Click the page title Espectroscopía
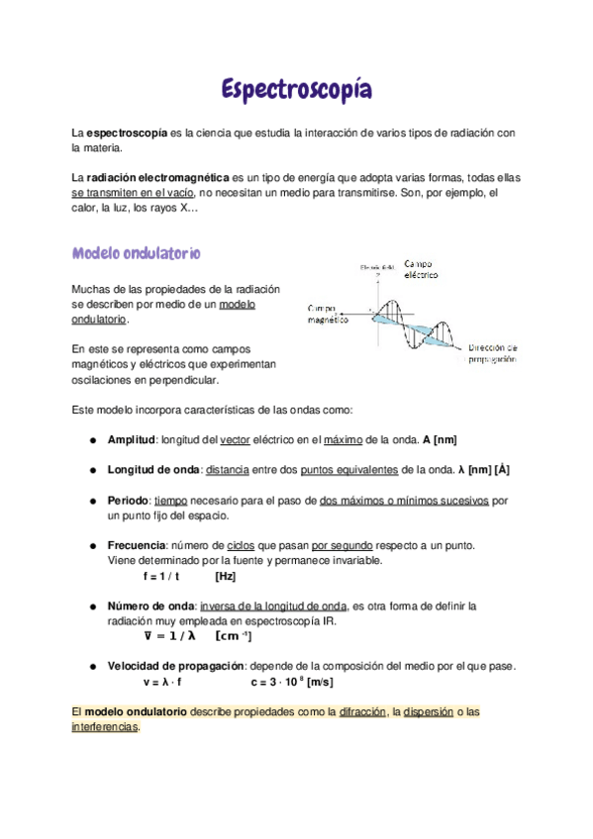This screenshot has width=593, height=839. tap(296, 91)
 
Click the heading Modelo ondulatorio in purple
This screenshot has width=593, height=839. tap(136, 253)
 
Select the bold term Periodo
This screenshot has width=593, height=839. tap(128, 501)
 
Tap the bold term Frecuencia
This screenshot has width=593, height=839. tap(137, 545)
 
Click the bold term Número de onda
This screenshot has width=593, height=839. tap(149, 605)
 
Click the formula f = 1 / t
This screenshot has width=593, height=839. tap(161, 576)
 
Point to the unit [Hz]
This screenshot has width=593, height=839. tap(225, 576)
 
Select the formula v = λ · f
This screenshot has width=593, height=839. tap(163, 682)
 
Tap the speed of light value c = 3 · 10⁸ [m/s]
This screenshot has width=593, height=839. tap(292, 682)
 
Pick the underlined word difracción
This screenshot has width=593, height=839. tap(361, 711)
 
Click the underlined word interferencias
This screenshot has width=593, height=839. tap(105, 727)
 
